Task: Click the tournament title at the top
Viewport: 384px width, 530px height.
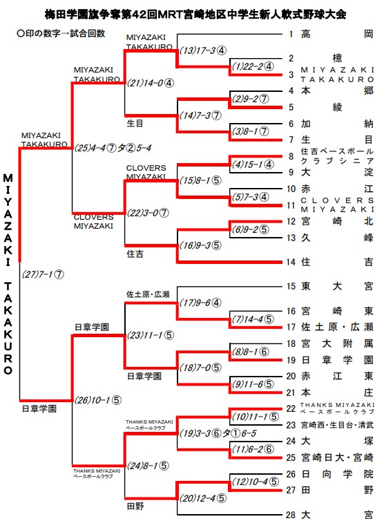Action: [195, 15]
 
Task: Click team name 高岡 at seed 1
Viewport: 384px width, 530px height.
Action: [337, 34]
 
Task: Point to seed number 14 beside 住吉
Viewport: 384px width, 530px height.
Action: [291, 262]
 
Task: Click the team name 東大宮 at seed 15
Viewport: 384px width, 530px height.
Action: [337, 287]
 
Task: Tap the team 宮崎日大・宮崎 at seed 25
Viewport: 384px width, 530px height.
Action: [337, 457]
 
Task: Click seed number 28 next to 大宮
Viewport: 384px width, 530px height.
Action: [291, 515]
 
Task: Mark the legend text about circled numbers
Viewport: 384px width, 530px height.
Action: [61, 33]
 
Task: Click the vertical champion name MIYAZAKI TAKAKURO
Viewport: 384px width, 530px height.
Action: [8, 274]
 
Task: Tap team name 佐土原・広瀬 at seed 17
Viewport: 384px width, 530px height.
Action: [337, 327]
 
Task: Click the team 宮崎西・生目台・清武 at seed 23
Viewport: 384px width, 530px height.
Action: [337, 425]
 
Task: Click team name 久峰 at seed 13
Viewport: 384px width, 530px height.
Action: [337, 238]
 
